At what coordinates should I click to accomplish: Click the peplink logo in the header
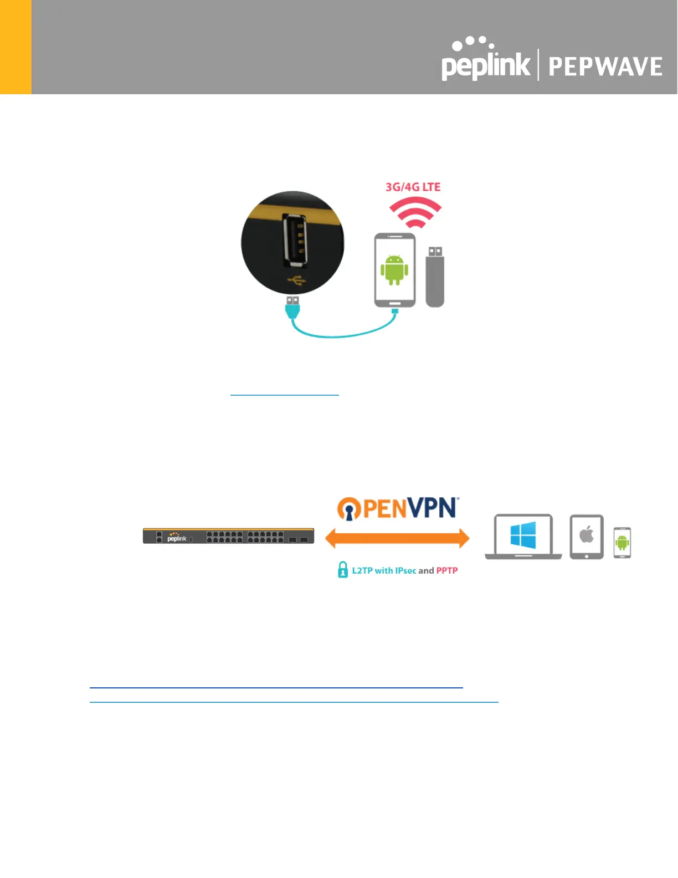pyautogui.click(x=485, y=61)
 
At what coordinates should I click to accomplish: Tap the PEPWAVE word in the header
pyautogui.click(x=605, y=67)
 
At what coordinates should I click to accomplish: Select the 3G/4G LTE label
pyautogui.click(x=413, y=187)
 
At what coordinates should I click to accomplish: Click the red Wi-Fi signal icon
pyautogui.click(x=415, y=213)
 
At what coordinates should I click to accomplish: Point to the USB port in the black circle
pyautogui.click(x=294, y=239)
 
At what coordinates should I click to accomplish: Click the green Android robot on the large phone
pyautogui.click(x=394, y=270)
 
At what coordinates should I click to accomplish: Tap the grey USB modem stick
pyautogui.click(x=435, y=277)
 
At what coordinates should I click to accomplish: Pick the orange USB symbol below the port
pyautogui.click(x=296, y=282)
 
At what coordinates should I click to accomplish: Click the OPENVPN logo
pyautogui.click(x=398, y=508)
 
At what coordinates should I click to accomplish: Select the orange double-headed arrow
pyautogui.click(x=397, y=538)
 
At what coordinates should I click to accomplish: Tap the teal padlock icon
pyautogui.click(x=343, y=570)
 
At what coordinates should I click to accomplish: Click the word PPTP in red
pyautogui.click(x=447, y=570)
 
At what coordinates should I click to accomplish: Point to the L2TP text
pyautogui.click(x=362, y=570)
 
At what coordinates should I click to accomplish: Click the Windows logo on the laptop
pyautogui.click(x=523, y=535)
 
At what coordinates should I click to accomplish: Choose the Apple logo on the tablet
pyautogui.click(x=587, y=535)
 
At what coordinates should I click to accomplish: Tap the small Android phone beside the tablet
pyautogui.click(x=622, y=543)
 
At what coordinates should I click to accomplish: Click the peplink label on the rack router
pyautogui.click(x=177, y=538)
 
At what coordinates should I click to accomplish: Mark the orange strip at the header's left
pyautogui.click(x=16, y=47)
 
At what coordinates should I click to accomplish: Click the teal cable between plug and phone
pyautogui.click(x=343, y=335)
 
